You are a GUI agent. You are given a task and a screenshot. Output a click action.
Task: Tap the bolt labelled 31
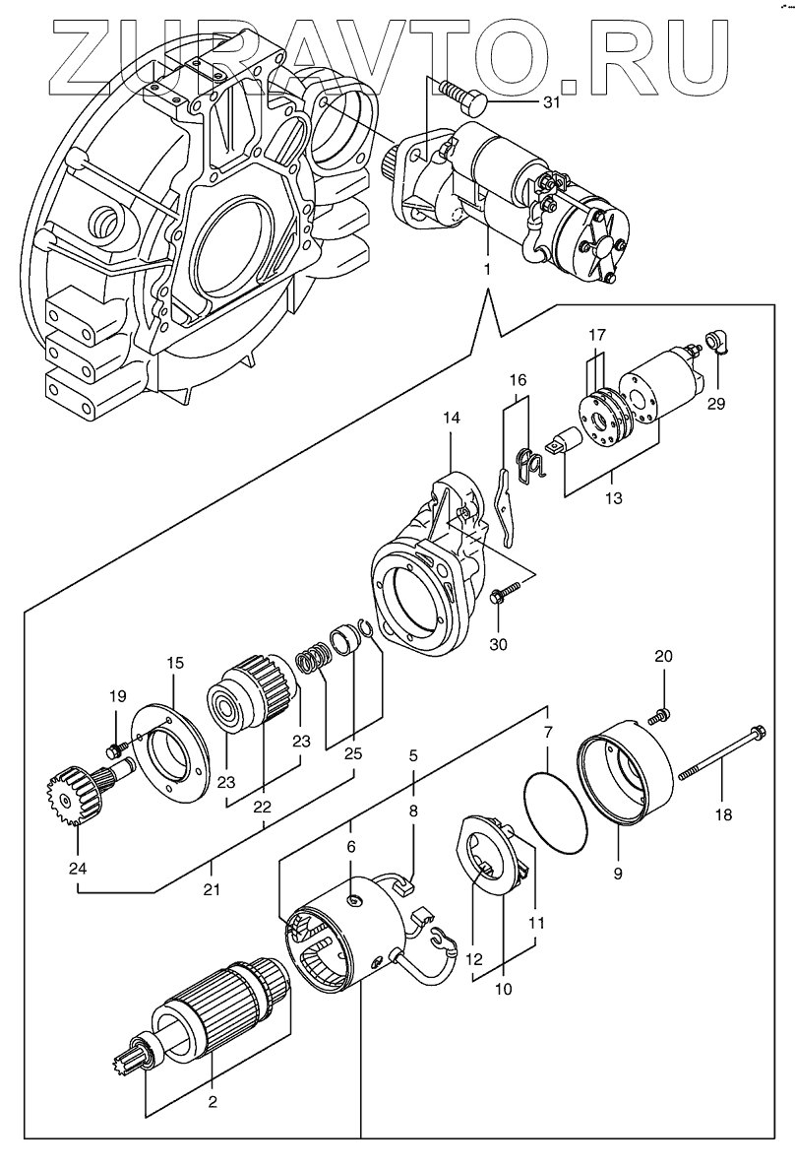pos(462,96)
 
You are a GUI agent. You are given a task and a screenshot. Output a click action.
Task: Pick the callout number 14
pos(451,417)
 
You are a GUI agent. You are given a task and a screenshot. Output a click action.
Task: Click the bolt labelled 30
pos(499,596)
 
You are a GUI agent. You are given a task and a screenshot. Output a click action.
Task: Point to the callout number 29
pos(716,404)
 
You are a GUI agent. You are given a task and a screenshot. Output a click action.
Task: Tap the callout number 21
pos(212,889)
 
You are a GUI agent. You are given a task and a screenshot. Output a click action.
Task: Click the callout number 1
pos(489,267)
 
